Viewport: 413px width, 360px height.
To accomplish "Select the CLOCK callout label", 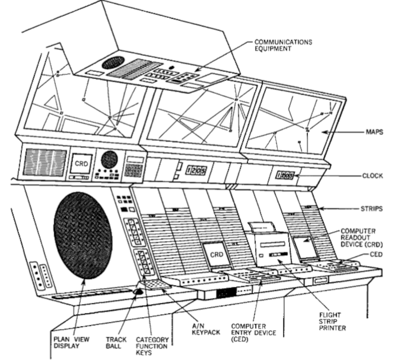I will click(x=373, y=176).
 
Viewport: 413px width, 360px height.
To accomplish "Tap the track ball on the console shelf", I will click(x=138, y=292).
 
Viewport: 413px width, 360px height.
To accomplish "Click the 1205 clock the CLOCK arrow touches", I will click(x=284, y=176).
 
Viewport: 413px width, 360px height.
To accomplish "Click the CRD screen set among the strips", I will click(x=216, y=255).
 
